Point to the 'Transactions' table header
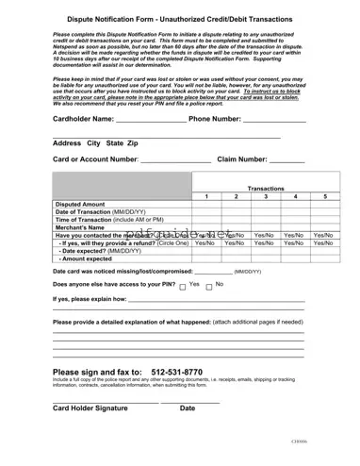[x=265, y=188]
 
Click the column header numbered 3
[x=266, y=196]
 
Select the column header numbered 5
[x=325, y=196]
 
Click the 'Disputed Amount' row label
[x=80, y=204]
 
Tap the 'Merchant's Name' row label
[x=78, y=226]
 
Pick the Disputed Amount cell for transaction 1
[x=205, y=204]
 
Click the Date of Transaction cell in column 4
[x=295, y=211]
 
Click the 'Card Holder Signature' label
[x=90, y=408]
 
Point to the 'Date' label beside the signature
[x=188, y=408]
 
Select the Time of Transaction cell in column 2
[x=236, y=219]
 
